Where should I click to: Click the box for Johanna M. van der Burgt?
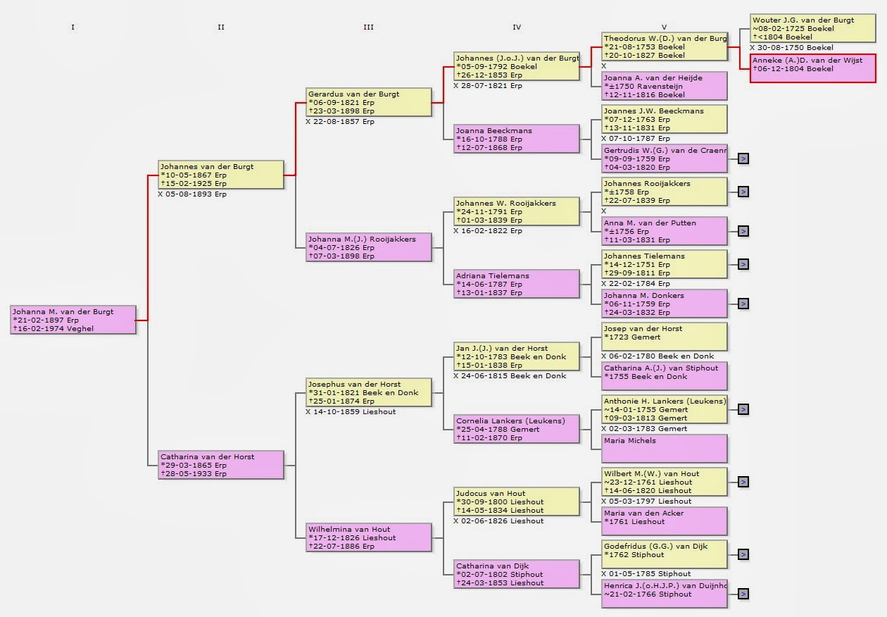[x=73, y=320]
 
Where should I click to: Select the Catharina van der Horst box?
[x=221, y=465]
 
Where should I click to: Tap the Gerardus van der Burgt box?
[x=369, y=102]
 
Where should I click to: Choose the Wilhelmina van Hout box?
[x=369, y=537]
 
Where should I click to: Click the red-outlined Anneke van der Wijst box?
[x=812, y=68]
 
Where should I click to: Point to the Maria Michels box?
[x=664, y=449]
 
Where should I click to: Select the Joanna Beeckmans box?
[x=517, y=139]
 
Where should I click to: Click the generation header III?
[x=368, y=27]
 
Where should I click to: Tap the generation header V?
[x=664, y=27]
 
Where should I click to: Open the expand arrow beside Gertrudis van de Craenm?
[x=743, y=158]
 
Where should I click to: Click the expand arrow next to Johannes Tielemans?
[x=743, y=264]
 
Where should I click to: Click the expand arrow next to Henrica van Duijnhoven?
[x=743, y=594]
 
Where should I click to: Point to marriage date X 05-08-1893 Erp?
[x=192, y=194]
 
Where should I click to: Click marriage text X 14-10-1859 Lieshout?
[x=351, y=411]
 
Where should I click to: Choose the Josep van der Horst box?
[x=664, y=337]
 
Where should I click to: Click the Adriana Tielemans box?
[x=517, y=284]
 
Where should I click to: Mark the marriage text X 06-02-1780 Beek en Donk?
[x=658, y=356]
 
